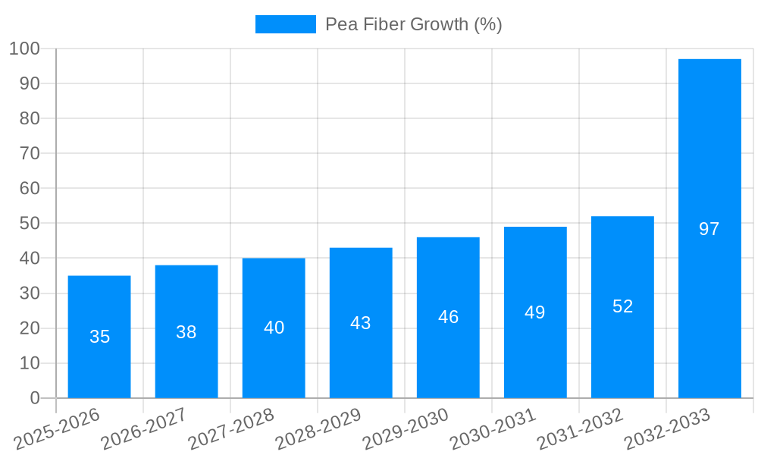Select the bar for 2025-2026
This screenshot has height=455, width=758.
point(99,337)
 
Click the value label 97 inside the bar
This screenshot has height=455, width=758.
point(709,229)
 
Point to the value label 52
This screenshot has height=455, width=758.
point(622,306)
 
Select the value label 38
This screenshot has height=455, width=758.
point(186,332)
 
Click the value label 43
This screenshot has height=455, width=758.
point(361,323)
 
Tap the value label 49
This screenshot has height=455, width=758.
point(535,312)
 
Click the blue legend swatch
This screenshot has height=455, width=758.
point(285,24)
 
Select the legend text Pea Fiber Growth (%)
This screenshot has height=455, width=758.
point(413,24)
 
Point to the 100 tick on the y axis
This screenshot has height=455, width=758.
point(24,49)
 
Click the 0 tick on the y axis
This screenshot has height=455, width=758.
point(34,398)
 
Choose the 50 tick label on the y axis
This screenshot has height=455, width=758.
point(29,224)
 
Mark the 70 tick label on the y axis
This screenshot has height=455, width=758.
point(29,154)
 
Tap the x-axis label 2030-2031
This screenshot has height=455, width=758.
point(493,430)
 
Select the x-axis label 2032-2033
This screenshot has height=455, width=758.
point(667,430)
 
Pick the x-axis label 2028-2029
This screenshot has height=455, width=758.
point(319,430)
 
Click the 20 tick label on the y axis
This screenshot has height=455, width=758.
point(29,328)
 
